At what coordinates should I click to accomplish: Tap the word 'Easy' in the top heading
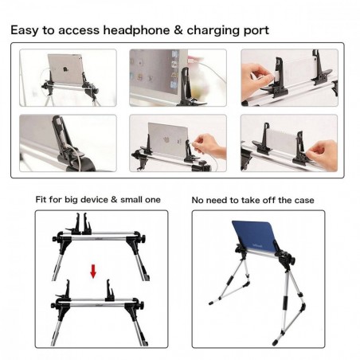click(26, 30)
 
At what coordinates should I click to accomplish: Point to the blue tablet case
click(265, 238)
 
